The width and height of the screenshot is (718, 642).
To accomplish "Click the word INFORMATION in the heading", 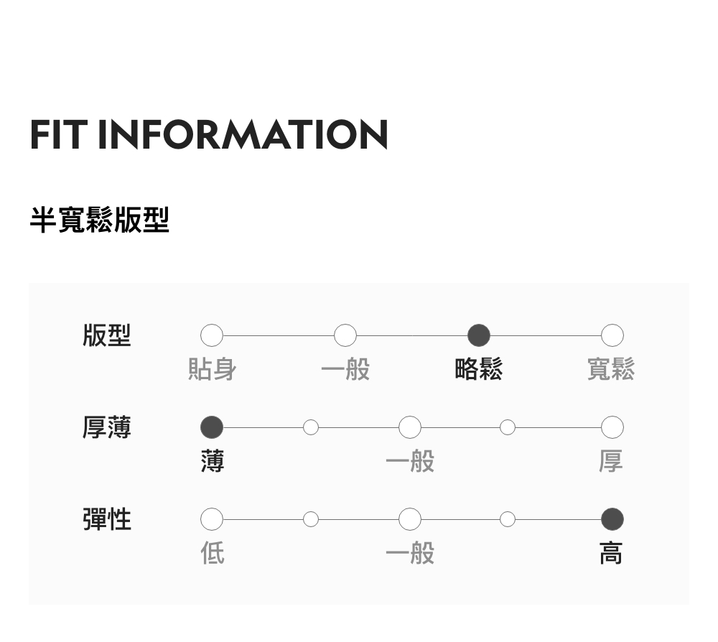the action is (243, 134).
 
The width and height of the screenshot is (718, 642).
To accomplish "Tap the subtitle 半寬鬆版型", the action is (99, 220).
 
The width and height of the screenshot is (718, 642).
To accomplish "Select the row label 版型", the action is (107, 335).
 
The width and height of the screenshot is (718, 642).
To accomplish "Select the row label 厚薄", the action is (107, 427).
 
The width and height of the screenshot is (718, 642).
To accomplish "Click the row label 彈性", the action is (107, 518).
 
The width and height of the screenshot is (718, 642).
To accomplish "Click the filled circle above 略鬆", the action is (479, 335).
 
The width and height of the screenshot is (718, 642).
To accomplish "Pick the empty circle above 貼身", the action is (212, 335).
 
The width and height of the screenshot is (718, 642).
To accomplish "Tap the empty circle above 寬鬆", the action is (612, 335).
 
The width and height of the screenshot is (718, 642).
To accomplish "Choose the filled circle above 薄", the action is (212, 427).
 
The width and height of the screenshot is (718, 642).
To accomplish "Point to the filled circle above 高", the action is (612, 518).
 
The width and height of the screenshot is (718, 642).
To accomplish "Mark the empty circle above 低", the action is (212, 518).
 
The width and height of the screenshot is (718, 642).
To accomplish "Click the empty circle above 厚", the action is (612, 427).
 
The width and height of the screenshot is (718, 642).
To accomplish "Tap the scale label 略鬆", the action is (479, 369).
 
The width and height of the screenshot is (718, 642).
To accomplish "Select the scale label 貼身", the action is (212, 369).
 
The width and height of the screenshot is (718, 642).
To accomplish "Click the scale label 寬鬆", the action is (611, 369).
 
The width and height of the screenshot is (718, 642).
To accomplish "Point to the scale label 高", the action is (611, 553).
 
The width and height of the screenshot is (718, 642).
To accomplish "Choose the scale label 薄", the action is (212, 461).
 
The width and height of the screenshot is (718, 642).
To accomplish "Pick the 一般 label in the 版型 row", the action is (345, 369).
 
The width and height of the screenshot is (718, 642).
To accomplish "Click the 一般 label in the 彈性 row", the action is (410, 553).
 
